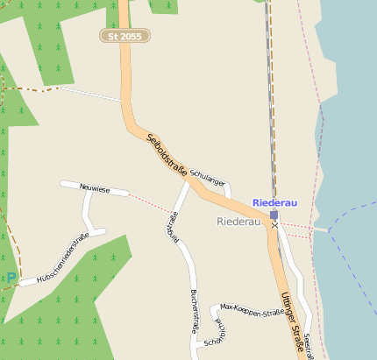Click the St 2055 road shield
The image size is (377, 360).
click(x=124, y=36)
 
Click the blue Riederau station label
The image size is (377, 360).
click(x=274, y=202)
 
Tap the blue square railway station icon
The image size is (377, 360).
click(x=274, y=215)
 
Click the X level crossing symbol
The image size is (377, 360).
click(x=274, y=225)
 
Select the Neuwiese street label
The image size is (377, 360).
click(x=94, y=187)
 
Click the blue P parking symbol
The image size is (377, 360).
click(x=11, y=278)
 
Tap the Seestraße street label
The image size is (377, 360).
click(x=309, y=345)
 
